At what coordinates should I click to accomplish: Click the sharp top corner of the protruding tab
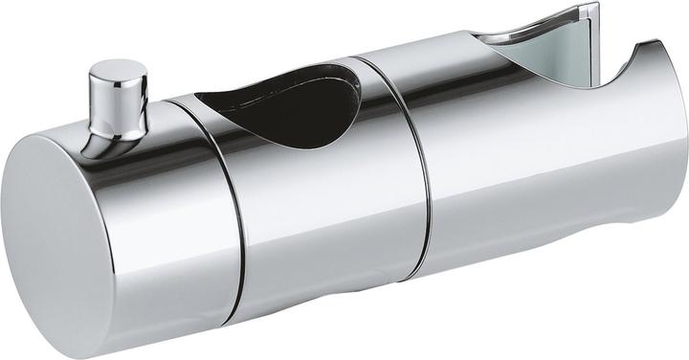(x=595, y=5)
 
